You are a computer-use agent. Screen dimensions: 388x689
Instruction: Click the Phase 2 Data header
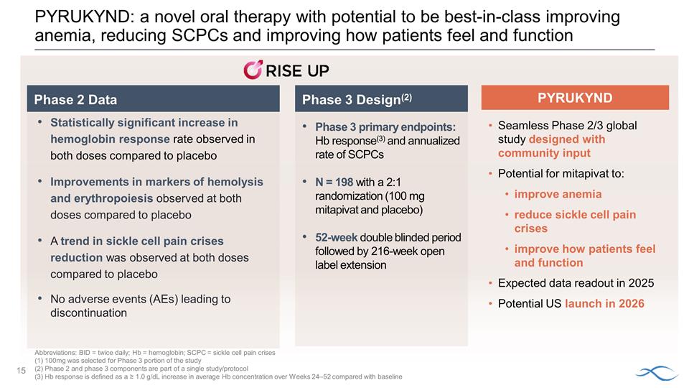click(75, 99)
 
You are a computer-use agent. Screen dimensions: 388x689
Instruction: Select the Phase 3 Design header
click(356, 99)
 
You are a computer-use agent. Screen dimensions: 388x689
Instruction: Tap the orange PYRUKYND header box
click(574, 97)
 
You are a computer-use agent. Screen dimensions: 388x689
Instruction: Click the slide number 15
click(21, 369)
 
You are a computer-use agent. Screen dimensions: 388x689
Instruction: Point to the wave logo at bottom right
click(656, 372)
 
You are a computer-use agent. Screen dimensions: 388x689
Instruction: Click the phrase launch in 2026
click(604, 303)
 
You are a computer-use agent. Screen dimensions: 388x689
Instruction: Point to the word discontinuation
click(88, 313)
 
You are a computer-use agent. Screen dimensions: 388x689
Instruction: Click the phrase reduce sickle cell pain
click(575, 215)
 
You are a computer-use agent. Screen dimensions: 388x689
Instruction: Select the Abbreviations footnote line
click(154, 353)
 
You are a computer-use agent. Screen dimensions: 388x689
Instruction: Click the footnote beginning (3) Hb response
click(218, 377)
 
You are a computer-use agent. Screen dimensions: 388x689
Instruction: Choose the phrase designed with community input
click(561, 146)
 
